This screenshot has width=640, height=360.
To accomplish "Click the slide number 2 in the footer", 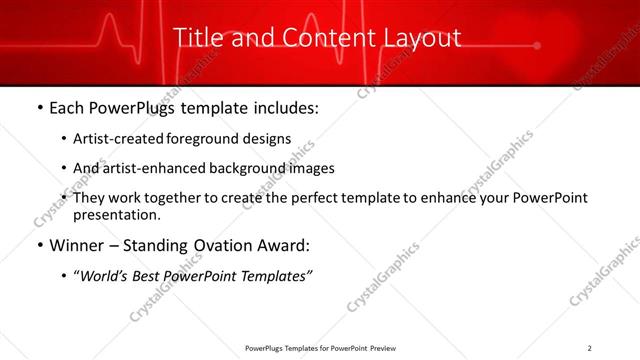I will (591, 348).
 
